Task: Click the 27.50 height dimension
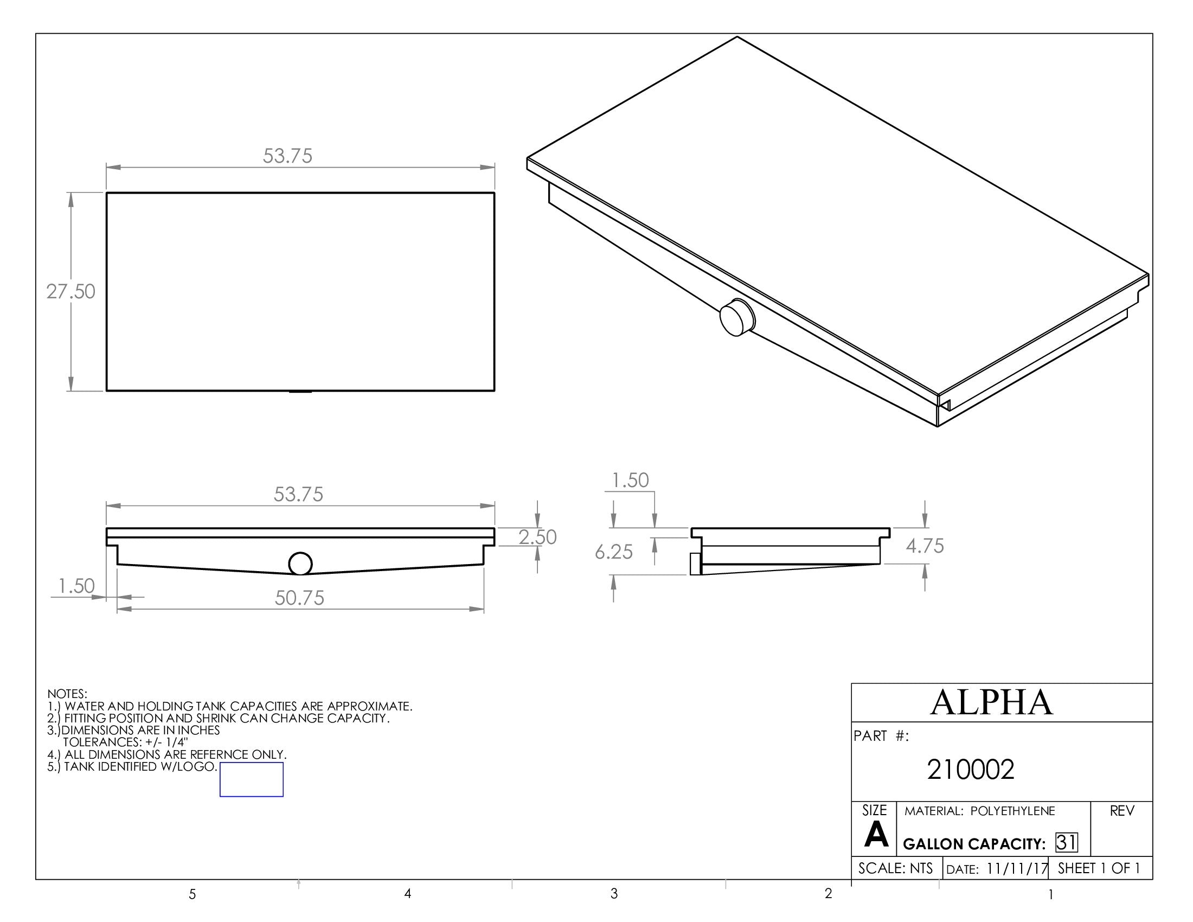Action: pyautogui.click(x=70, y=292)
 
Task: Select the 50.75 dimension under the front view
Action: pyautogui.click(x=299, y=598)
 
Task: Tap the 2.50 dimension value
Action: pyautogui.click(x=537, y=537)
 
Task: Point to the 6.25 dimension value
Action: pyautogui.click(x=613, y=552)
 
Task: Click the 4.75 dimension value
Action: pyautogui.click(x=925, y=546)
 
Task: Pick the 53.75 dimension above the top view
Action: pyautogui.click(x=287, y=156)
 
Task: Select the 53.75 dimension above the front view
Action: pyautogui.click(x=298, y=494)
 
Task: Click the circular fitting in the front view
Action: pyautogui.click(x=300, y=564)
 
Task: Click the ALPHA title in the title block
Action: pyautogui.click(x=991, y=702)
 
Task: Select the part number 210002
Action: pyautogui.click(x=971, y=770)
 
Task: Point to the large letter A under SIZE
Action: pyautogui.click(x=876, y=835)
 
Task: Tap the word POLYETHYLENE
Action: pyautogui.click(x=1012, y=811)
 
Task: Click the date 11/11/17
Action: pyautogui.click(x=1017, y=868)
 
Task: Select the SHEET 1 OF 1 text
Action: pyautogui.click(x=1099, y=868)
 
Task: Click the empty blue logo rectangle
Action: pyautogui.click(x=251, y=779)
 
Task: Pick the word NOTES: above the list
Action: pyautogui.click(x=67, y=694)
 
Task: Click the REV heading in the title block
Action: pyautogui.click(x=1122, y=811)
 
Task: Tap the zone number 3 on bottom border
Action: pyautogui.click(x=614, y=894)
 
